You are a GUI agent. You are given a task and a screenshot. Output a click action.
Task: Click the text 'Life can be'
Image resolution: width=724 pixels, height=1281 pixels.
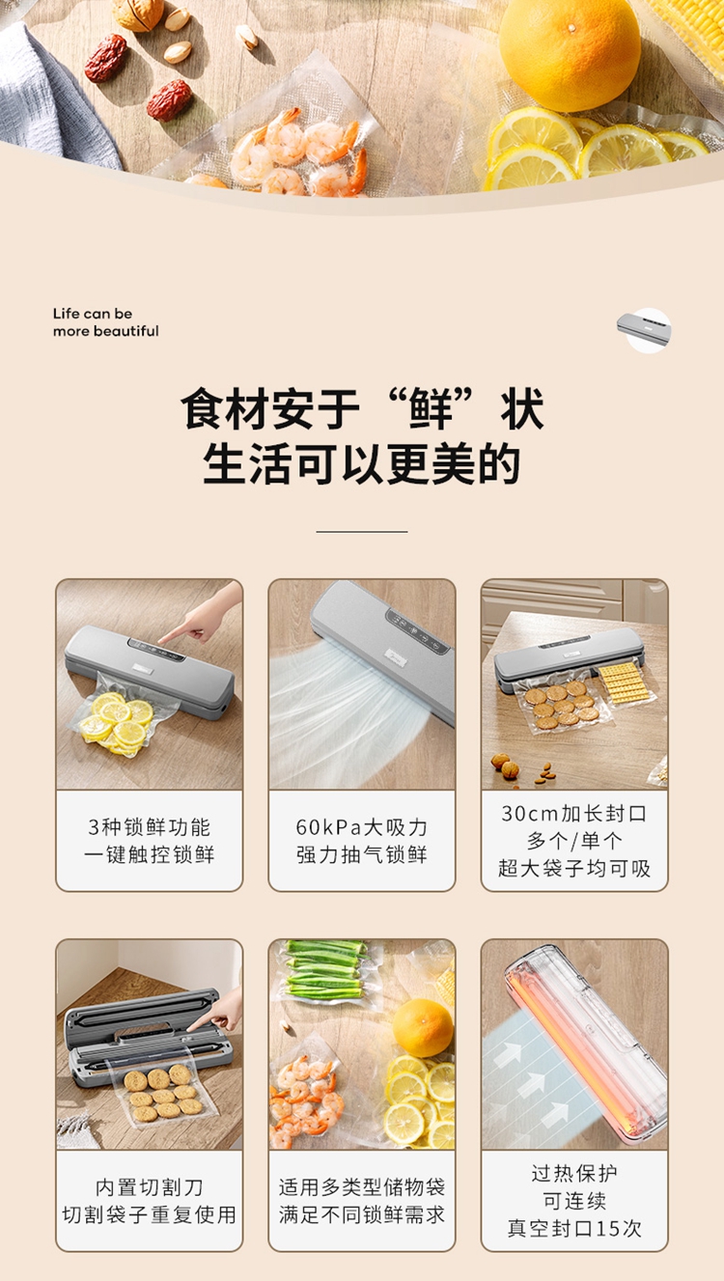click(x=93, y=314)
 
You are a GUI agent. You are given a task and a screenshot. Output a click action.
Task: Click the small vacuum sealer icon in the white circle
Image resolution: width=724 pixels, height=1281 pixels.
click(x=644, y=329)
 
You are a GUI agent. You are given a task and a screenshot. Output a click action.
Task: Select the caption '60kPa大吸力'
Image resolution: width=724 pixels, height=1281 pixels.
click(x=361, y=827)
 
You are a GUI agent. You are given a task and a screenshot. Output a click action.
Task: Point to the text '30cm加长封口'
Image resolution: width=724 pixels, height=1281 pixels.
click(x=574, y=813)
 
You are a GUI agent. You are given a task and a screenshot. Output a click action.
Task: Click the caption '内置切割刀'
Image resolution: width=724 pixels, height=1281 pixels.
click(x=150, y=1187)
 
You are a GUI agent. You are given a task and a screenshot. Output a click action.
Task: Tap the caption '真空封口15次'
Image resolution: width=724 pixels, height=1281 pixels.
click(x=574, y=1228)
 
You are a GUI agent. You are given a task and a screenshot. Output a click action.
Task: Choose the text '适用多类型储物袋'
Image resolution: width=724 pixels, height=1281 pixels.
click(x=361, y=1187)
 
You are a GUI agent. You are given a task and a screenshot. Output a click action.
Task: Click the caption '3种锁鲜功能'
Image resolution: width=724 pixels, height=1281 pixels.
click(x=150, y=827)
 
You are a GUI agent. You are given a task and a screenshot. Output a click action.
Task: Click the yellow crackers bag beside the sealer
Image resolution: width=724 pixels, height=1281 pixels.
click(x=626, y=688)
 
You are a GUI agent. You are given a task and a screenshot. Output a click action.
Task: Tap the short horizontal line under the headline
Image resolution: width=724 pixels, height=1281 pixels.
click(x=362, y=531)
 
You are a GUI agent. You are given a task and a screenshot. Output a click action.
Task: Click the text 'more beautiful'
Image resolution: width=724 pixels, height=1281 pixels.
click(x=106, y=331)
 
